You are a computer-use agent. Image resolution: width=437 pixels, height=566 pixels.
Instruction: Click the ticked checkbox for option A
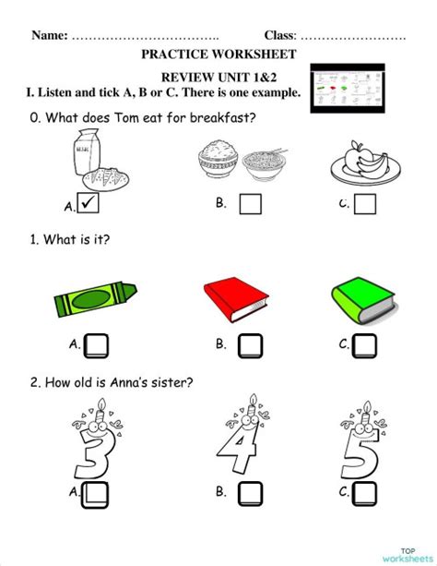click(x=89, y=203)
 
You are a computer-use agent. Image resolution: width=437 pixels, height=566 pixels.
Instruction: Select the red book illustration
click(x=235, y=300)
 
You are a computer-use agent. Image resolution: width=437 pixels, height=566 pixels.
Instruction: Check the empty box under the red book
click(x=250, y=345)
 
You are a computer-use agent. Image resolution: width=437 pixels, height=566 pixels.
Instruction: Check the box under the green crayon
click(x=96, y=345)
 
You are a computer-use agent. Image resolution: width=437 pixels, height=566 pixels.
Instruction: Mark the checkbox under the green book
click(x=365, y=345)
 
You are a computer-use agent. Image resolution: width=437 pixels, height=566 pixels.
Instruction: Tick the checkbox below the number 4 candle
click(x=250, y=494)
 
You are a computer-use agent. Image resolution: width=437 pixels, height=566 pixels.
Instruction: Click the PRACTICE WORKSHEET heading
click(x=218, y=54)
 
